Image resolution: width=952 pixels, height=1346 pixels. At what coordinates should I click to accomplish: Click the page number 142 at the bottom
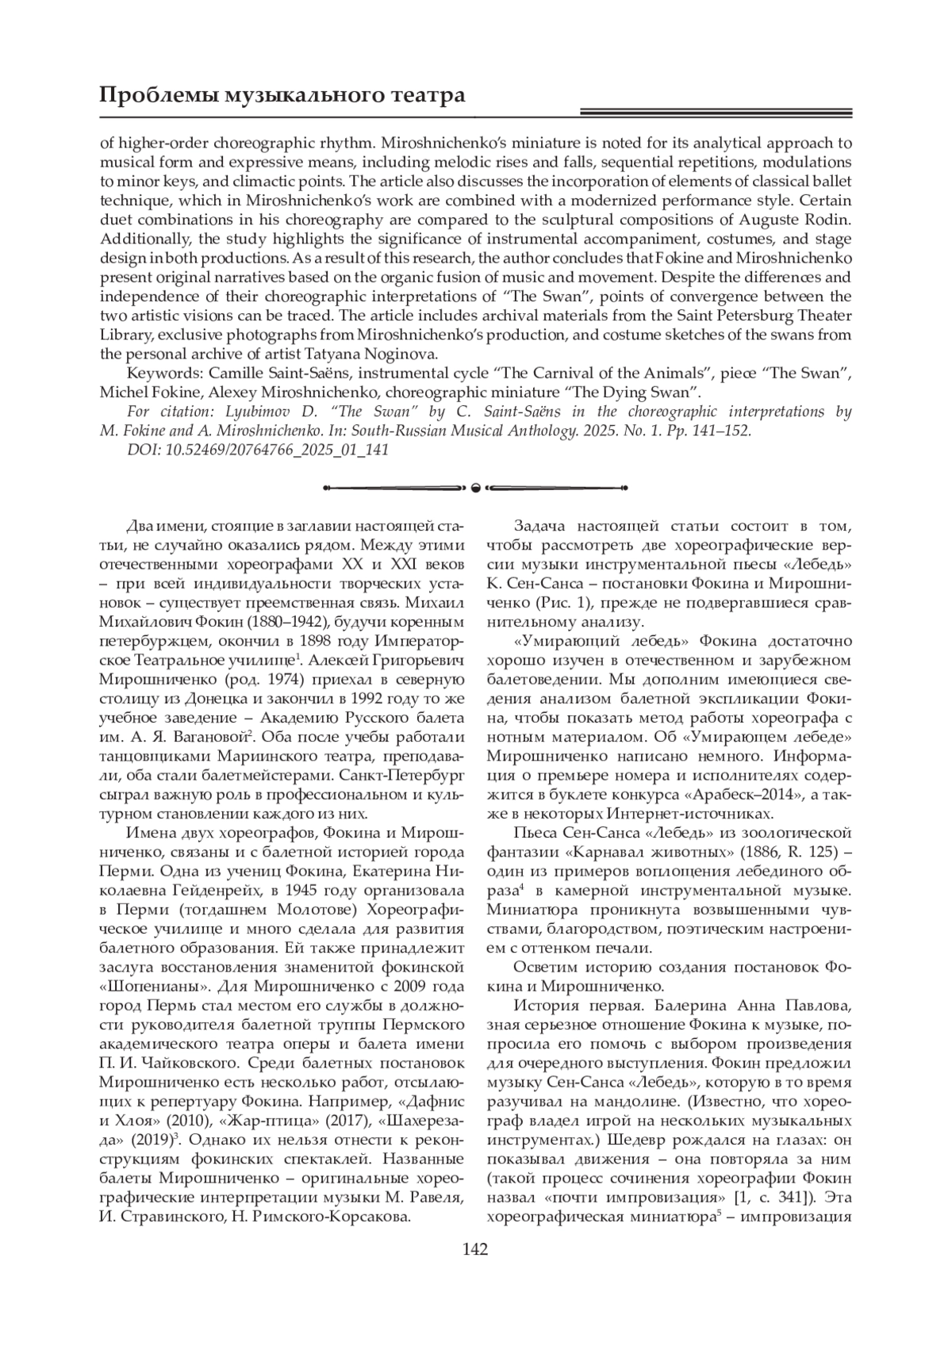coord(475,1250)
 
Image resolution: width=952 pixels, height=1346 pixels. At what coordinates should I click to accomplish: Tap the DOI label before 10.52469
coord(142,450)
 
